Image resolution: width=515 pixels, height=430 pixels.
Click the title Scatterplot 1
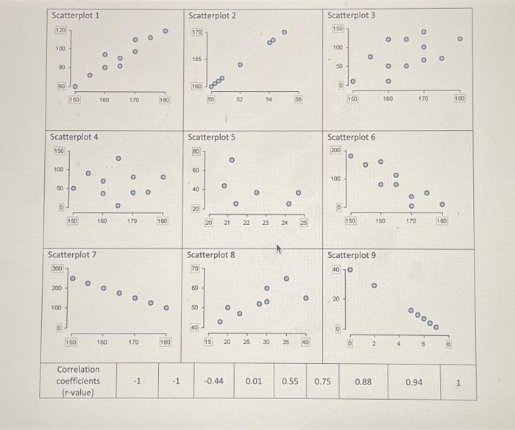coord(76,15)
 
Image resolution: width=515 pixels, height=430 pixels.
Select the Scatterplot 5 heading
coord(212,137)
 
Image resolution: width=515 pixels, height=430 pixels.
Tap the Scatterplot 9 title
coord(351,255)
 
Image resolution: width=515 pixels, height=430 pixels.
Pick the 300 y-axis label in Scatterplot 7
coord(56,270)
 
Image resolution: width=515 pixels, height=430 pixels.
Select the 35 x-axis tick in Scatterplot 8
coord(286,342)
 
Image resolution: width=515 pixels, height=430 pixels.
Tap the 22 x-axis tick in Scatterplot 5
coord(246,223)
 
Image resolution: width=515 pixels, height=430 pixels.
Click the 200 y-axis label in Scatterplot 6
coord(336,150)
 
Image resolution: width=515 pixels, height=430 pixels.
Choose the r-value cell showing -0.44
coord(213,381)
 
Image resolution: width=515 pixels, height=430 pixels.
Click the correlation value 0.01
coord(254,381)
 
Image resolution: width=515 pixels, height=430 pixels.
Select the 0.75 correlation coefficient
coord(323,381)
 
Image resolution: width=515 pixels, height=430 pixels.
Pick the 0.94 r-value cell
coord(416,382)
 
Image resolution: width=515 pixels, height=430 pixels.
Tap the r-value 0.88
coord(363,382)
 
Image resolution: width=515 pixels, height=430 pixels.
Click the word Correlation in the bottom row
coord(78,369)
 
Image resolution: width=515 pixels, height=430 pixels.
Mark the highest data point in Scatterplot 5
coord(231,159)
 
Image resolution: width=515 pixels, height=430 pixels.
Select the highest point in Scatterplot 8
coord(286,279)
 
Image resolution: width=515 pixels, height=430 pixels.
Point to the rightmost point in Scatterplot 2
coord(284,32)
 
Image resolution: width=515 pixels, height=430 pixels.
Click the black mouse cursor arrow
coord(280,251)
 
